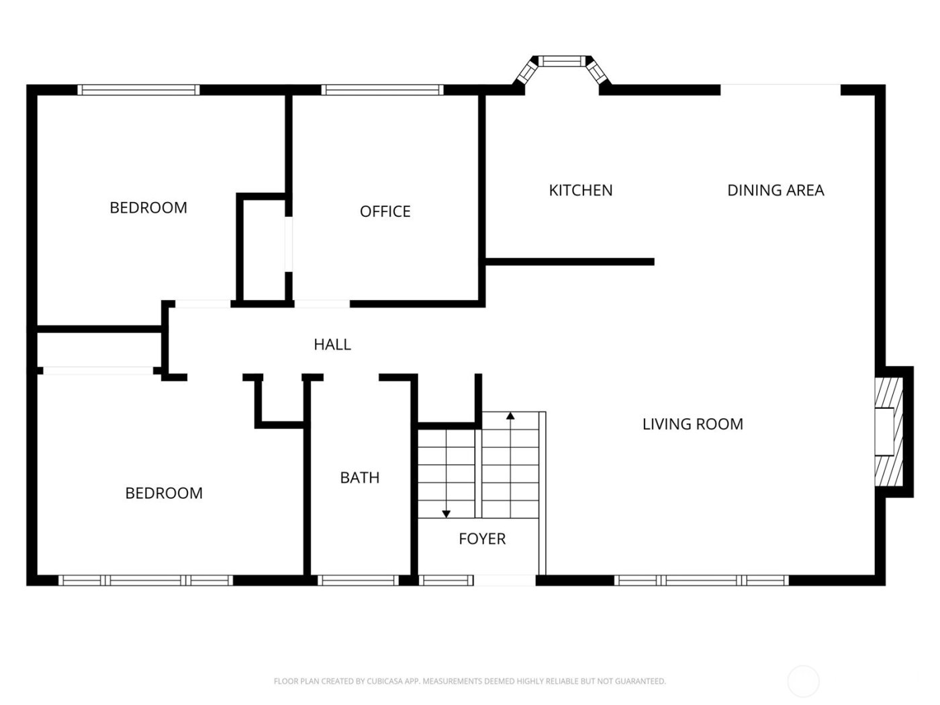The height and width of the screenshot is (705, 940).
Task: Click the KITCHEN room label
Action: click(580, 191)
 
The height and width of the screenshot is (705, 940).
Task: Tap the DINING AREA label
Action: click(775, 191)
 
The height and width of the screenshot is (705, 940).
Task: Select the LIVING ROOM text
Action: click(692, 424)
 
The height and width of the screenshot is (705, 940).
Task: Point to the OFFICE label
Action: click(385, 212)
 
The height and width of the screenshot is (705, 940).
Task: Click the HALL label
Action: click(332, 344)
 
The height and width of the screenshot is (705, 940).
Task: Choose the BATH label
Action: click(360, 478)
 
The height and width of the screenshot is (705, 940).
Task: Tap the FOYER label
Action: click(482, 539)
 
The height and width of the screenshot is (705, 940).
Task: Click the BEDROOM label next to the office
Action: click(148, 208)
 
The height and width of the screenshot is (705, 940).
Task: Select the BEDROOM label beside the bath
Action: click(164, 493)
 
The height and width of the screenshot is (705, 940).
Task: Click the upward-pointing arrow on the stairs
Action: click(510, 416)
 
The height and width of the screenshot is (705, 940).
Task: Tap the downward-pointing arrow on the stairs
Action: click(446, 514)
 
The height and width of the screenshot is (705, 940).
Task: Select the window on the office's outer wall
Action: click(382, 90)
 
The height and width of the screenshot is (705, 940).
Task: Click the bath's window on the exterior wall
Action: click(358, 580)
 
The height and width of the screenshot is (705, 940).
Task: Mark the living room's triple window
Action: click(702, 580)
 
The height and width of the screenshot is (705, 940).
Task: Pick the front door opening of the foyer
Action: click(505, 580)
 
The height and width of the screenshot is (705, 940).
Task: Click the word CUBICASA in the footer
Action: click(385, 681)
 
